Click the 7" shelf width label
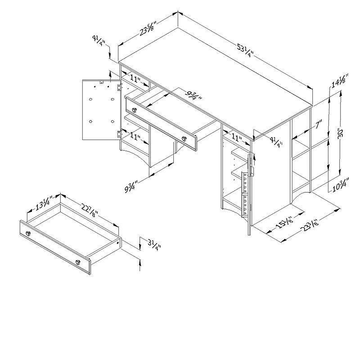click(319, 125)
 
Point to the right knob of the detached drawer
click(78, 261)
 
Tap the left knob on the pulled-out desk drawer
click(134, 110)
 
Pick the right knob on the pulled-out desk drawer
click(184, 138)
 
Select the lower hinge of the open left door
click(120, 133)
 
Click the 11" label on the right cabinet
click(237, 137)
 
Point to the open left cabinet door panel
click(100, 110)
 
